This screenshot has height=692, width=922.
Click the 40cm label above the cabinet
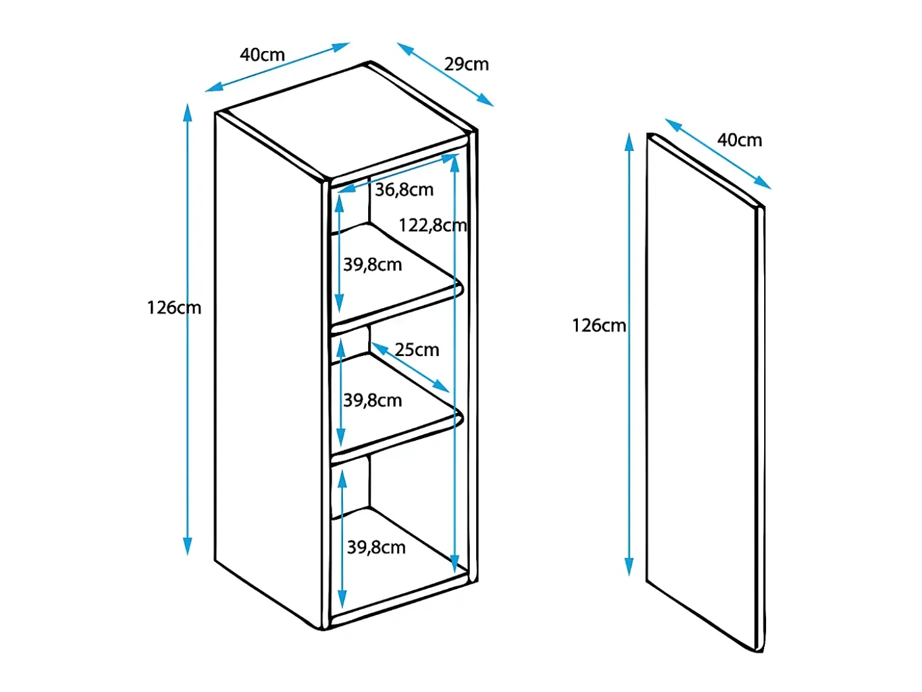(262, 54)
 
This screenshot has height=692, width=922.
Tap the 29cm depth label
(466, 64)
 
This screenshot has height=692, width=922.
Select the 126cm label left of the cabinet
(174, 307)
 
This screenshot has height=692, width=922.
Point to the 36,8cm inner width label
(404, 190)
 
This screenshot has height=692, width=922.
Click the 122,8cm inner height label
(432, 225)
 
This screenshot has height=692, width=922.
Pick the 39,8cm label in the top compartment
(373, 265)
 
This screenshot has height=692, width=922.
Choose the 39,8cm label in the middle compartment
(373, 400)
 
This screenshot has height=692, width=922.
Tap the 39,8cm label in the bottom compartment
(376, 547)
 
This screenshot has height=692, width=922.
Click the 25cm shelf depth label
(417, 349)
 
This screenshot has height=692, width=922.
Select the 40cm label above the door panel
(739, 140)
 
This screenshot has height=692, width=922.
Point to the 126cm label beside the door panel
(599, 325)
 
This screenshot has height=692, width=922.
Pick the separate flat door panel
(705, 393)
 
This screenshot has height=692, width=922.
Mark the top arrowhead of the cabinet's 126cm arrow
(188, 112)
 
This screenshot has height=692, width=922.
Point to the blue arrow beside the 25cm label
(410, 368)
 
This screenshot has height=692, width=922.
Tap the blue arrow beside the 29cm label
(445, 75)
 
